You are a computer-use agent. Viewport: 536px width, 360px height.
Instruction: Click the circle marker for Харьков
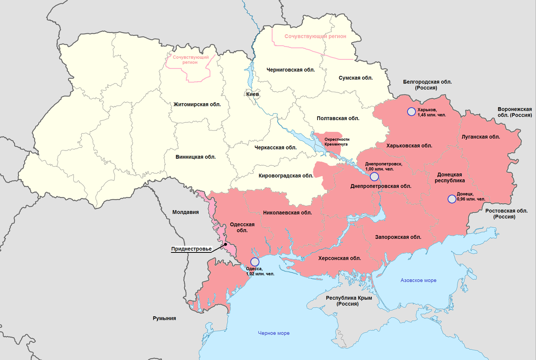pos(410,112)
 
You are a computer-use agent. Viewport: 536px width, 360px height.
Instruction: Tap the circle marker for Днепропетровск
pos(374,177)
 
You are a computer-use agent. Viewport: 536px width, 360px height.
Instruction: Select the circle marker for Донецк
pos(451,199)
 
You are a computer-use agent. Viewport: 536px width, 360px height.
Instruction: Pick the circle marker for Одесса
pos(254,261)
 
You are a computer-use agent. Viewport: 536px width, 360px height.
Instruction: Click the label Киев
pos(252,94)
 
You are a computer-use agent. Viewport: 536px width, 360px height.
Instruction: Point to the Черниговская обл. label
pos(290,70)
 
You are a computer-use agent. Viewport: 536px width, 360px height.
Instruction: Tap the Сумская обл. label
pos(356,78)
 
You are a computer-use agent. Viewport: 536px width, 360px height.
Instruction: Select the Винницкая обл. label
pos(195,157)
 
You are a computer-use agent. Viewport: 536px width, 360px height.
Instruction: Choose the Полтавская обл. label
pos(338,118)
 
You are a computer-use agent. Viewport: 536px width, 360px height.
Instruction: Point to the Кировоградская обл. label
pos(286,176)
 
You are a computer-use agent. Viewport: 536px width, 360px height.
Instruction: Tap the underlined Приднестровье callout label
pos(192,249)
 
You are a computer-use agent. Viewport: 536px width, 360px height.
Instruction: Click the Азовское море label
pos(418,280)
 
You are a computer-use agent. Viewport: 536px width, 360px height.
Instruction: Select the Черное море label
pos(273,333)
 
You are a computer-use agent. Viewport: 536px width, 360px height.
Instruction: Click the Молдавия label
pos(185,212)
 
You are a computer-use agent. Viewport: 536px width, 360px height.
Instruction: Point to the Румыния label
pos(164,318)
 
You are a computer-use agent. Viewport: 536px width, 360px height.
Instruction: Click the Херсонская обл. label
pos(339,258)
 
